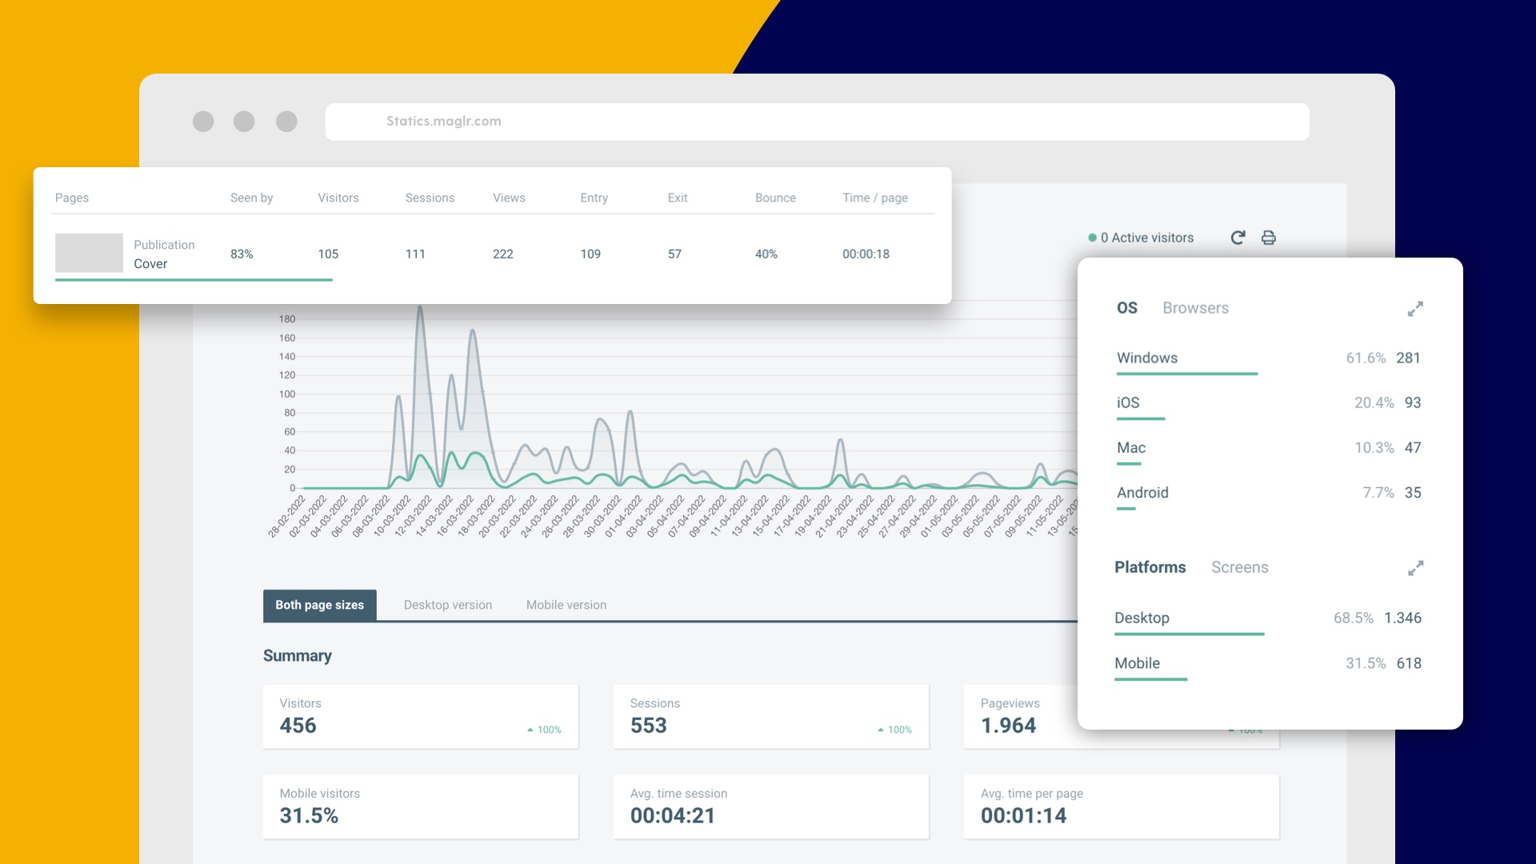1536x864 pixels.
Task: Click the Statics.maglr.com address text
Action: [443, 122]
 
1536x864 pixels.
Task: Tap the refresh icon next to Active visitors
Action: [1238, 238]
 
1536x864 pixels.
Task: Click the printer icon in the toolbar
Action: [1268, 238]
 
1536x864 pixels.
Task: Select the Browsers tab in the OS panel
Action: [1195, 308]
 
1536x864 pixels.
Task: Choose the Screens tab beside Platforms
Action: [1239, 567]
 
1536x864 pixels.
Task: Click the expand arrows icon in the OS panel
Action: [1415, 309]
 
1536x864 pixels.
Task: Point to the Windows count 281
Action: [1408, 358]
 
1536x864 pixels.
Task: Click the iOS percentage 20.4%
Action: [1374, 402]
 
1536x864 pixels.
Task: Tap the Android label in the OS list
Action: [1142, 493]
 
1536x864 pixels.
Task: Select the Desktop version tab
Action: [447, 605]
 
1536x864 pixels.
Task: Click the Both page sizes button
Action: [319, 605]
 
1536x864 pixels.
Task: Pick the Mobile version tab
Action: [566, 605]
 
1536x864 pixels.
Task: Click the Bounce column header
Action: [774, 198]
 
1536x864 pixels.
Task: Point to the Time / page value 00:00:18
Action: [866, 254]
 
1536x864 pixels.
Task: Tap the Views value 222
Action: [502, 254]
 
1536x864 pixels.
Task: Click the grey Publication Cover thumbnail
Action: [89, 253]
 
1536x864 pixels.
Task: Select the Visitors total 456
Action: [298, 726]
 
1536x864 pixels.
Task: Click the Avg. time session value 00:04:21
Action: [672, 816]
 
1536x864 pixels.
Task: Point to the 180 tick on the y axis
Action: [286, 319]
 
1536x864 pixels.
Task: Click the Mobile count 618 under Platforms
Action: [1408, 663]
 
